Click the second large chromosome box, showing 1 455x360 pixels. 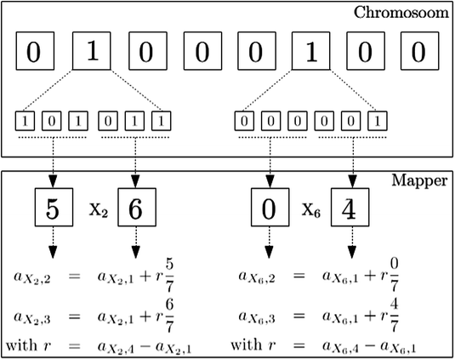91,53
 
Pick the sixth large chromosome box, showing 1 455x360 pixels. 311,53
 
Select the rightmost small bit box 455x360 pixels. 374,121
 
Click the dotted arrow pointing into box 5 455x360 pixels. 51,162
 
